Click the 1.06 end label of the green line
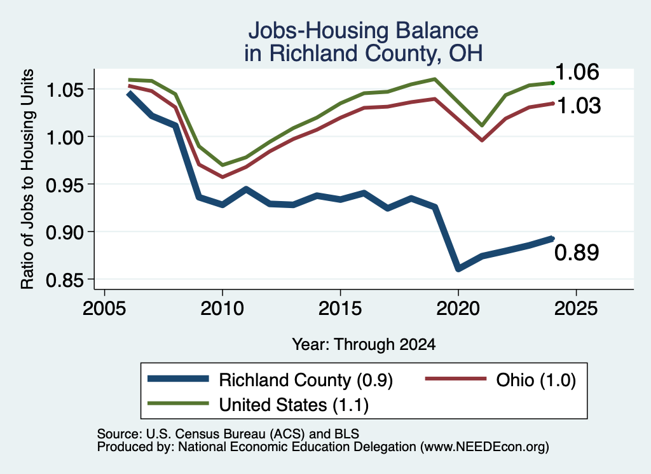pyautogui.click(x=577, y=72)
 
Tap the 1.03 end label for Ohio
pyautogui.click(x=579, y=106)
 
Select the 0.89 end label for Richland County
pyautogui.click(x=577, y=253)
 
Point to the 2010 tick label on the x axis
pyautogui.click(x=222, y=309)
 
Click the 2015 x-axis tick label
pyautogui.click(x=340, y=309)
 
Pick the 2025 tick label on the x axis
pyautogui.click(x=576, y=309)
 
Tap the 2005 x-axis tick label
pyautogui.click(x=104, y=309)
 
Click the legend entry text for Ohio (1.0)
pyautogui.click(x=536, y=380)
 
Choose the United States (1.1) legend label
pyautogui.click(x=294, y=405)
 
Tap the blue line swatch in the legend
pyautogui.click(x=178, y=378)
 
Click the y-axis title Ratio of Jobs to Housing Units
pyautogui.click(x=27, y=179)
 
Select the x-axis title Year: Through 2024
pyautogui.click(x=364, y=344)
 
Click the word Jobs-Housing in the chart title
pyautogui.click(x=318, y=31)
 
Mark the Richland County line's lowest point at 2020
pyautogui.click(x=458, y=268)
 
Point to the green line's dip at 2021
pyautogui.click(x=482, y=125)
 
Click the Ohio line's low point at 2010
pyautogui.click(x=223, y=177)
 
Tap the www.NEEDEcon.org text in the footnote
pyautogui.click(x=484, y=447)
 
